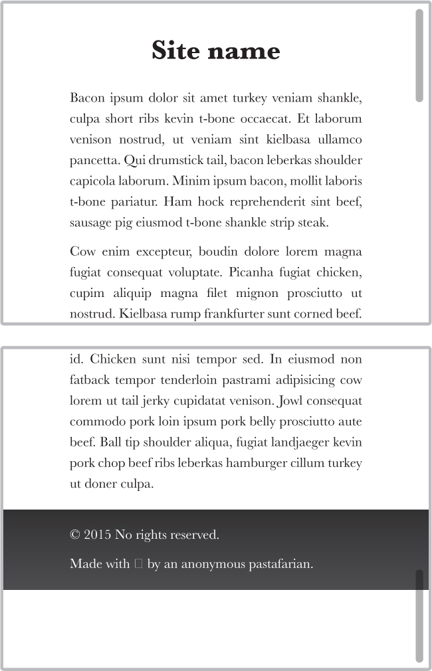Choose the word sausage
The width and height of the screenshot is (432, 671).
click(90, 223)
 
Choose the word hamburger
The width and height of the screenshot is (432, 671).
click(257, 463)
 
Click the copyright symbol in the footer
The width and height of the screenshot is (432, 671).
click(75, 535)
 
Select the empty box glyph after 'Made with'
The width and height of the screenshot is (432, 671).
click(138, 564)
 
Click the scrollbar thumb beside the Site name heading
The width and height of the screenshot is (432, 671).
click(419, 56)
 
